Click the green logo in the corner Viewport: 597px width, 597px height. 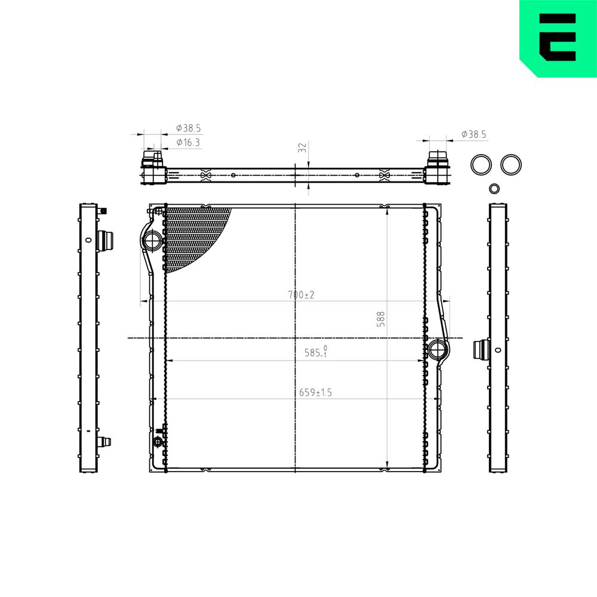tap(558, 38)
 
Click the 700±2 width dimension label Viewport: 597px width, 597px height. tap(301, 295)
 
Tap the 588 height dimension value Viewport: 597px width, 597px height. tap(380, 319)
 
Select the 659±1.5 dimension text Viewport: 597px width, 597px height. tap(315, 392)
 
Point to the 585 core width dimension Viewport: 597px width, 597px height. tap(316, 352)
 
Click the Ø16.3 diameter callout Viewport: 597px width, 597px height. tap(188, 143)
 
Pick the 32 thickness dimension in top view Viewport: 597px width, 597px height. tap(302, 147)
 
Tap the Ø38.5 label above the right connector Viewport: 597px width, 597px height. tap(473, 134)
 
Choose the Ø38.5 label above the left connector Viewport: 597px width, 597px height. tap(188, 128)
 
